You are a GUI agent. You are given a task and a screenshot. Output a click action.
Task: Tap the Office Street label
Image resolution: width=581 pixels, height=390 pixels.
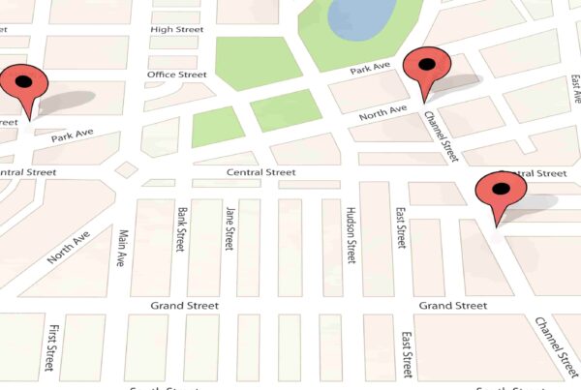click(x=176, y=75)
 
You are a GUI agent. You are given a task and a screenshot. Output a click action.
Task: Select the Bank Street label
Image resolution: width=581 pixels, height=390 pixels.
click(x=181, y=228)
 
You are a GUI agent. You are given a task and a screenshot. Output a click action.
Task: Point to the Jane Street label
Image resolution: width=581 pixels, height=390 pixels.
click(x=229, y=227)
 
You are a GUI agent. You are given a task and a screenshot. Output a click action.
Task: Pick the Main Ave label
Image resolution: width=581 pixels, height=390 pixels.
click(x=122, y=249)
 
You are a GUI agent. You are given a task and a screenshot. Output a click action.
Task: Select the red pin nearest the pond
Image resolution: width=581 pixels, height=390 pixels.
click(x=426, y=68)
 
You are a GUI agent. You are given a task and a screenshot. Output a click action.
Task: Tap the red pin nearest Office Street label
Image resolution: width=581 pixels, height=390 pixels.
click(x=24, y=84)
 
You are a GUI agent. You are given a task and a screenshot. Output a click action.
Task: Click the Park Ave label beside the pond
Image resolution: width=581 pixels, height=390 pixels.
click(x=369, y=70)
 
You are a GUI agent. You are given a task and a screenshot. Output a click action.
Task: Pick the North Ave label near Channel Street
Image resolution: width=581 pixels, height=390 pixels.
click(x=383, y=114)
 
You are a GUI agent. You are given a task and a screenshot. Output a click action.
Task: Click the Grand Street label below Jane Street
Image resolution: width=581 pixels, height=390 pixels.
click(x=184, y=306)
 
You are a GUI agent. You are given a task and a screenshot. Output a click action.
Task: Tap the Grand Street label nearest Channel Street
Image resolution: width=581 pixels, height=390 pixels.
click(x=452, y=306)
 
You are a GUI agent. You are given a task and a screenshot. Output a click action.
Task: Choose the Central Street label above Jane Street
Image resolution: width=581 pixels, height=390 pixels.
click(x=260, y=173)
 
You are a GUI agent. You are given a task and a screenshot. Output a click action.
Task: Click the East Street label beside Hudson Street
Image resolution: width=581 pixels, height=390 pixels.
click(x=399, y=227)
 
